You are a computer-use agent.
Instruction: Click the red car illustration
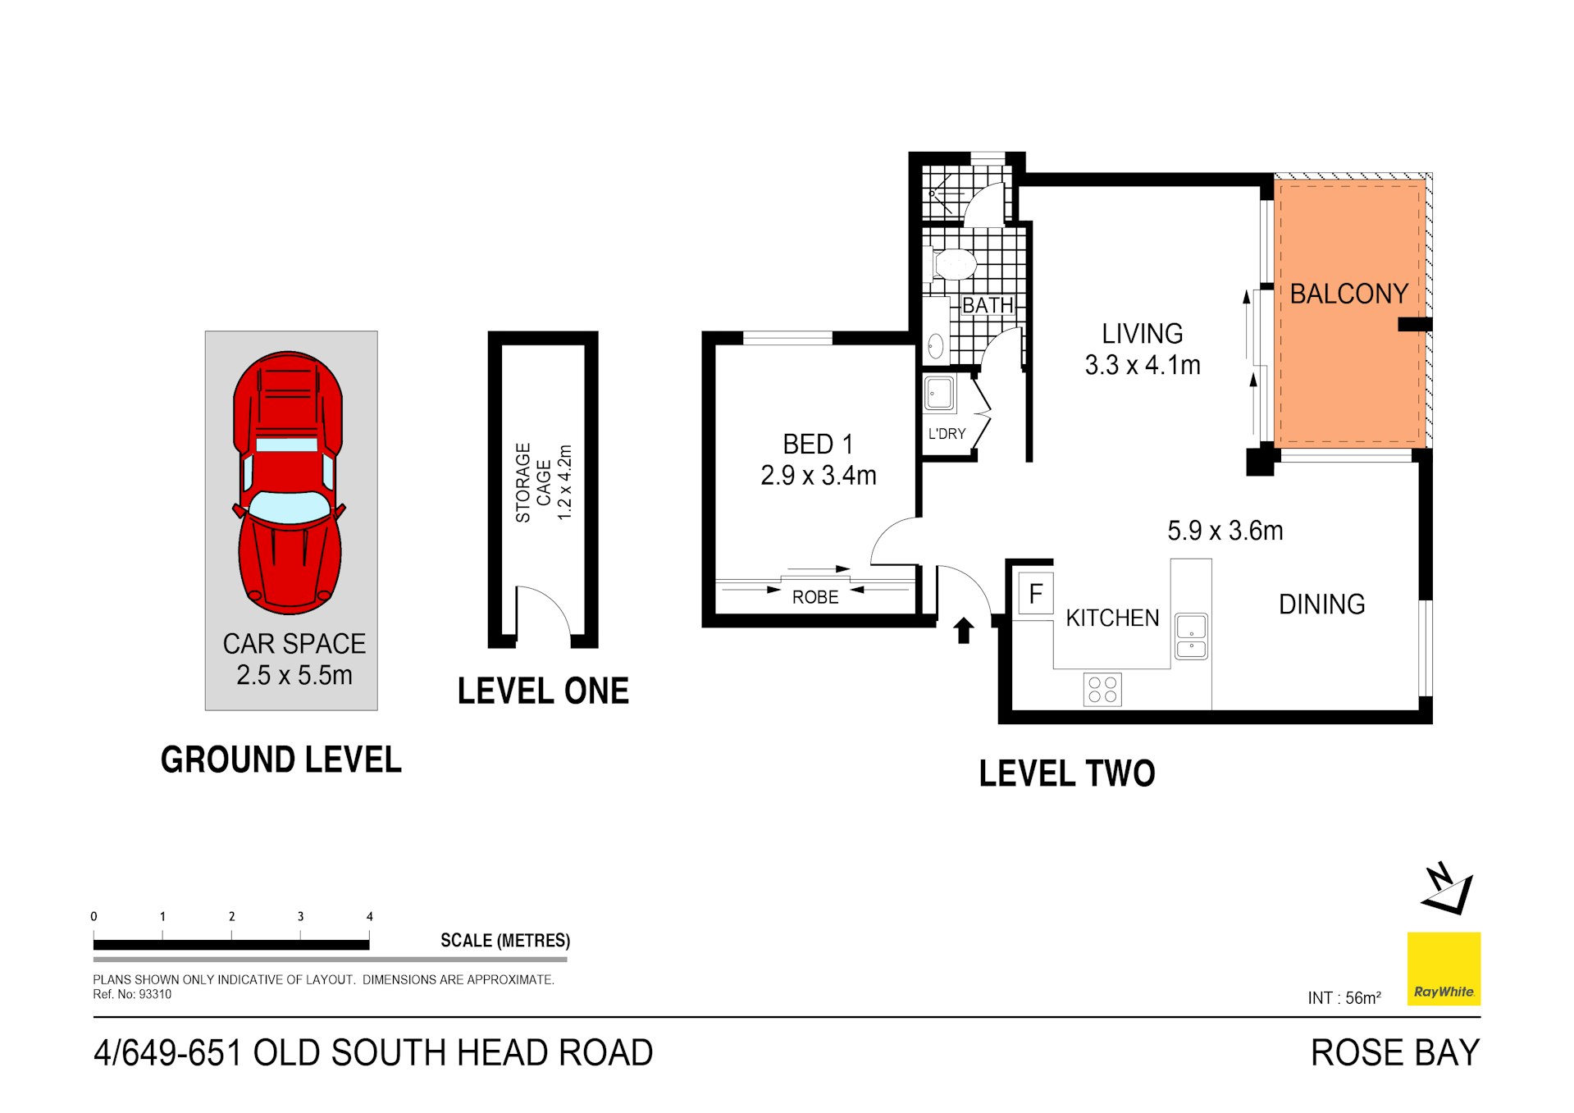tap(289, 484)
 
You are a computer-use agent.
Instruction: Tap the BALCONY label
tap(1348, 294)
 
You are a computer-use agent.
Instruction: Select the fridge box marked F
tap(1035, 593)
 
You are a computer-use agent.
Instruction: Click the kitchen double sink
tap(1191, 637)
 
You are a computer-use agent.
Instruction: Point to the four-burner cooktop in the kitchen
tap(1102, 690)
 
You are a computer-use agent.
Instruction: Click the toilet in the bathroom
tap(953, 264)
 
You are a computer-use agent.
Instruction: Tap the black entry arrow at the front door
tap(964, 630)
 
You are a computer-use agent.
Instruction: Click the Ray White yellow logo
tap(1444, 969)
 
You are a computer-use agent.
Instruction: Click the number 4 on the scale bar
tap(370, 916)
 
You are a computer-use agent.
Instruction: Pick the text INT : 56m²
tap(1344, 998)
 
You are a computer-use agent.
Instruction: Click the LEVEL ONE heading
tap(543, 691)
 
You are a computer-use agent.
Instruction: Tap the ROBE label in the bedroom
tap(814, 597)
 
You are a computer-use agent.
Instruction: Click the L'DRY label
tap(947, 434)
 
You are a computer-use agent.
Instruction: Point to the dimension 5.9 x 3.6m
tap(1225, 531)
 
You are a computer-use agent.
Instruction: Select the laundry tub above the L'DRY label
tap(939, 393)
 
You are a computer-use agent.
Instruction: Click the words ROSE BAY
tap(1394, 1052)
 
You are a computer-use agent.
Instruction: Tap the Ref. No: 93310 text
tap(132, 994)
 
